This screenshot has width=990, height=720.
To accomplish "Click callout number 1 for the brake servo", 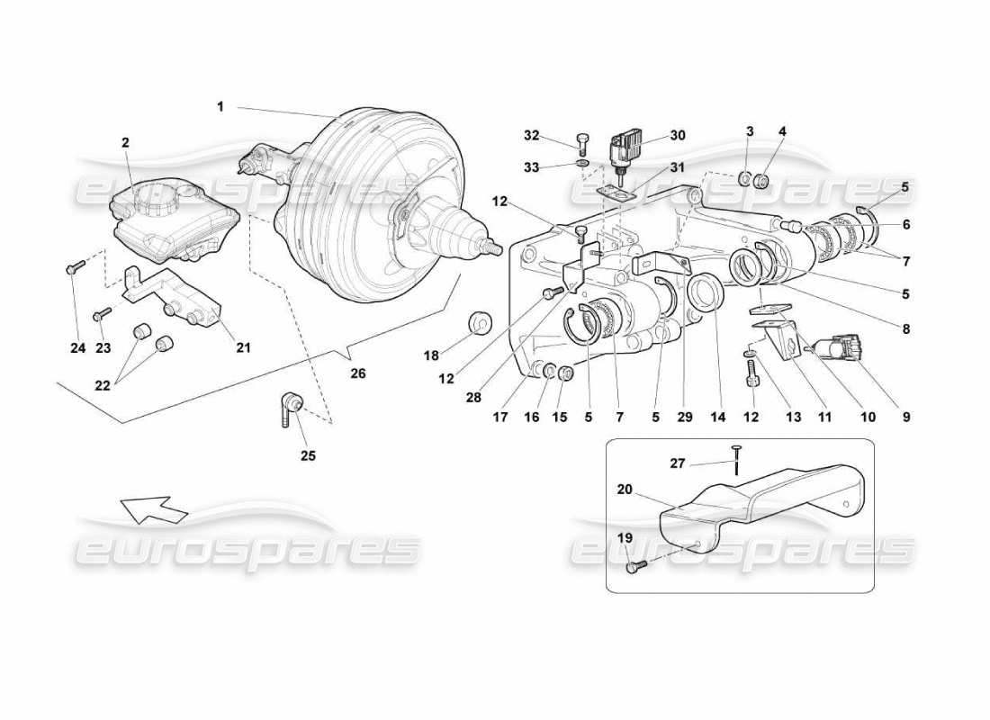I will coord(220,106).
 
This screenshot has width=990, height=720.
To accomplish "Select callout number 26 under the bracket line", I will coord(358,372).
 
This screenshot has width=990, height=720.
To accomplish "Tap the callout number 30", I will coord(678,136).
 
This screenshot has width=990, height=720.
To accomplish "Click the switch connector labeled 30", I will coord(627,148).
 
